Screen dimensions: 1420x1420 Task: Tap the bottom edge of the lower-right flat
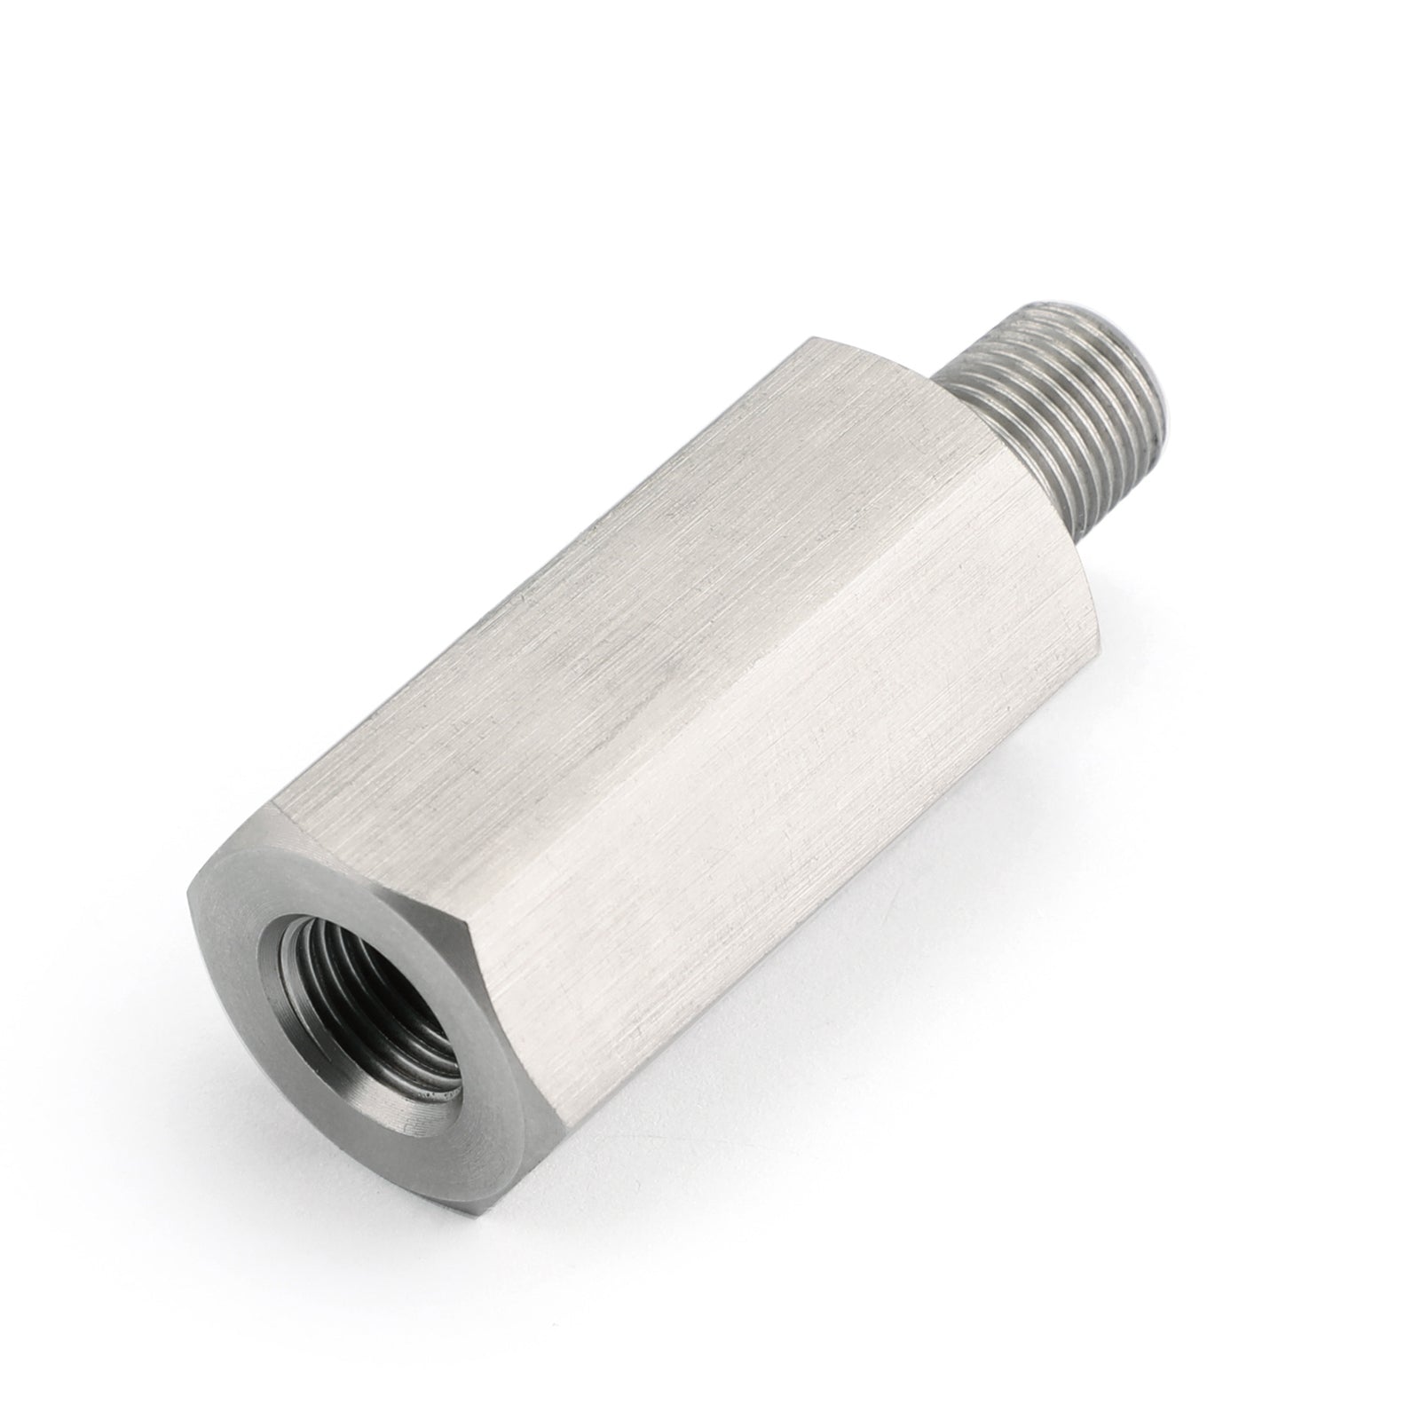(x=799, y=932)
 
